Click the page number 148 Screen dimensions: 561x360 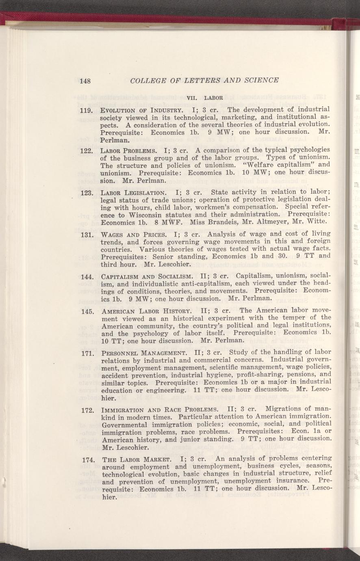pos(85,80)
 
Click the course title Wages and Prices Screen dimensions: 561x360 pos(133,235)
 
